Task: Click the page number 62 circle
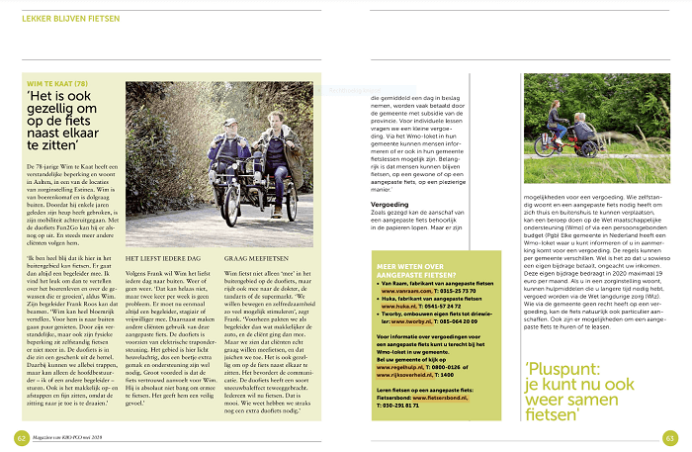point(21,436)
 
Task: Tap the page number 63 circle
point(670,436)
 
